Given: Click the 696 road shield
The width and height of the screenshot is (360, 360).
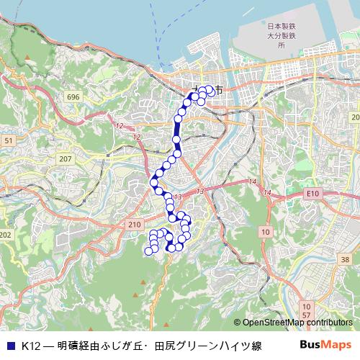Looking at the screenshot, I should (72, 96).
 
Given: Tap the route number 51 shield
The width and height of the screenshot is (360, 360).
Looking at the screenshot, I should (8, 141).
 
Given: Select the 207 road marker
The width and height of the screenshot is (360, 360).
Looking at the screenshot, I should (66, 158).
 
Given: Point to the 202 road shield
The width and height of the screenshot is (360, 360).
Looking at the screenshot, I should (6, 235).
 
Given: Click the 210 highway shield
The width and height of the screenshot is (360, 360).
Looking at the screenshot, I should (134, 225).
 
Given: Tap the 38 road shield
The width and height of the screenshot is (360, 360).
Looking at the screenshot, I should (346, 259).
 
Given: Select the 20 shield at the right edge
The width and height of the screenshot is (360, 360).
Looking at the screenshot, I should (354, 117).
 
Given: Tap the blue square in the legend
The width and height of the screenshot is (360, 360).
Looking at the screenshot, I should (10, 346).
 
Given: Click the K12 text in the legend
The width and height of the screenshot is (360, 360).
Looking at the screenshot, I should (30, 346).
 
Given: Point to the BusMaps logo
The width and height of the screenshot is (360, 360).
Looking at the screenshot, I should (325, 345).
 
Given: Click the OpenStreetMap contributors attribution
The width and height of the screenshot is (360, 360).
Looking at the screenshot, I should (297, 323).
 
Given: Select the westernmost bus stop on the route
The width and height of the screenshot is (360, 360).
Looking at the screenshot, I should (149, 251).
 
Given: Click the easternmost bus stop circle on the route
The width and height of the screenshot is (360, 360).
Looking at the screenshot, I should (210, 90).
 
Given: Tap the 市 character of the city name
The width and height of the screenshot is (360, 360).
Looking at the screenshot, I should (218, 91).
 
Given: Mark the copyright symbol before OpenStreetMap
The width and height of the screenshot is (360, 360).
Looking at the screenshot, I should (237, 323).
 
